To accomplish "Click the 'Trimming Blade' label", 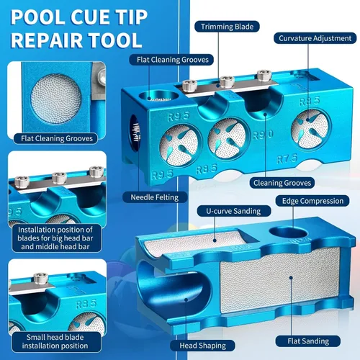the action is [x=227, y=27].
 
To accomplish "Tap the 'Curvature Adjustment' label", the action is [x=315, y=38].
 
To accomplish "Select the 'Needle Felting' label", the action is [x=155, y=197].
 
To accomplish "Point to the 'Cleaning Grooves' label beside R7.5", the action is [x=282, y=183].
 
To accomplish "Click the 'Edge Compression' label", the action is [x=312, y=201].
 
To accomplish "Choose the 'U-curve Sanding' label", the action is [x=233, y=211].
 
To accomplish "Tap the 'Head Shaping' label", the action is [x=202, y=346].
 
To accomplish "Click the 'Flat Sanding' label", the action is [x=308, y=341].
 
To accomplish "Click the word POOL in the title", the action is [x=37, y=17].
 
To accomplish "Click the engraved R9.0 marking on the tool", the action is [x=263, y=135].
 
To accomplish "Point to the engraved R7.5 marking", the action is [x=287, y=158].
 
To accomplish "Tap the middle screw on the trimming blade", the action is [x=227, y=81].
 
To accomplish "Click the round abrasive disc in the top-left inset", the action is [x=56, y=99].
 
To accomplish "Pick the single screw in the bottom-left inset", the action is [x=40, y=279].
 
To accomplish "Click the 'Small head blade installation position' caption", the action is [x=55, y=341].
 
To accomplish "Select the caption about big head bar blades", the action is [x=55, y=238].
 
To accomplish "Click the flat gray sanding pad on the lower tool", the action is [x=279, y=279].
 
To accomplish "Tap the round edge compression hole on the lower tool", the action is [x=288, y=233].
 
